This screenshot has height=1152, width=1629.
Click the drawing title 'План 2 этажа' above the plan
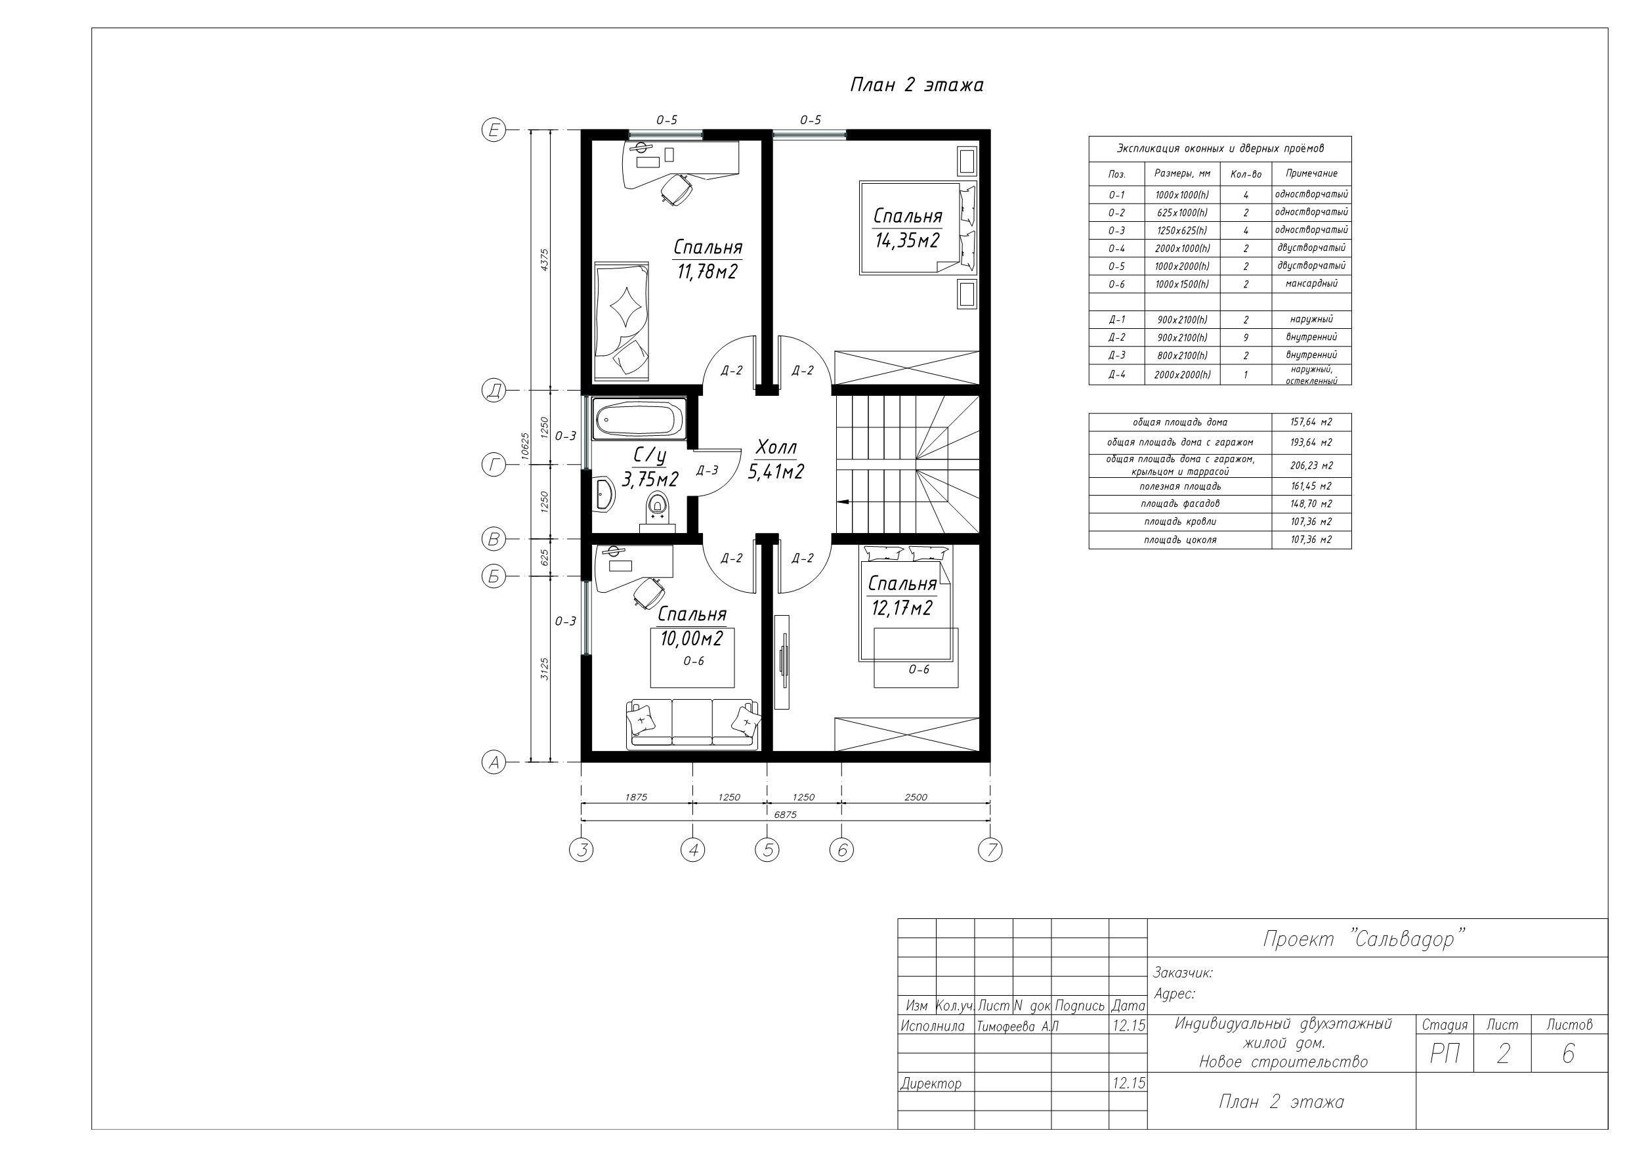tap(917, 85)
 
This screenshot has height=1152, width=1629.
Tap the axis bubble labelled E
tap(494, 130)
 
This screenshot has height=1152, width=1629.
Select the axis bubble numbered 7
tap(990, 849)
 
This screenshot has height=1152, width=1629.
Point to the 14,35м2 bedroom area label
tap(908, 241)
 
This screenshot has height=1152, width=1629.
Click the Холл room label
tap(776, 447)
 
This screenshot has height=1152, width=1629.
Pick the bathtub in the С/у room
tap(638, 419)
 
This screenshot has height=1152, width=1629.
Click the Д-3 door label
tap(708, 470)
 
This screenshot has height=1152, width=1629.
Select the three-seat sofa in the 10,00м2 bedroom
tap(692, 724)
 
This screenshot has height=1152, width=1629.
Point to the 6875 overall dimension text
tap(785, 814)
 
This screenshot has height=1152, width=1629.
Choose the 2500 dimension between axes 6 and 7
tap(916, 796)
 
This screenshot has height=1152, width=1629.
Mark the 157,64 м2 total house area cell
tap(1311, 422)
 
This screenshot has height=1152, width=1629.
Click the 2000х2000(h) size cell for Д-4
tap(1182, 374)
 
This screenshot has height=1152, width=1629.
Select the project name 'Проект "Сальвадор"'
tap(1364, 939)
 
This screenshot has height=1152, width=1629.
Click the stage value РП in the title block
tap(1445, 1055)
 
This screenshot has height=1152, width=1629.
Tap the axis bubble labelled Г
tap(494, 465)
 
